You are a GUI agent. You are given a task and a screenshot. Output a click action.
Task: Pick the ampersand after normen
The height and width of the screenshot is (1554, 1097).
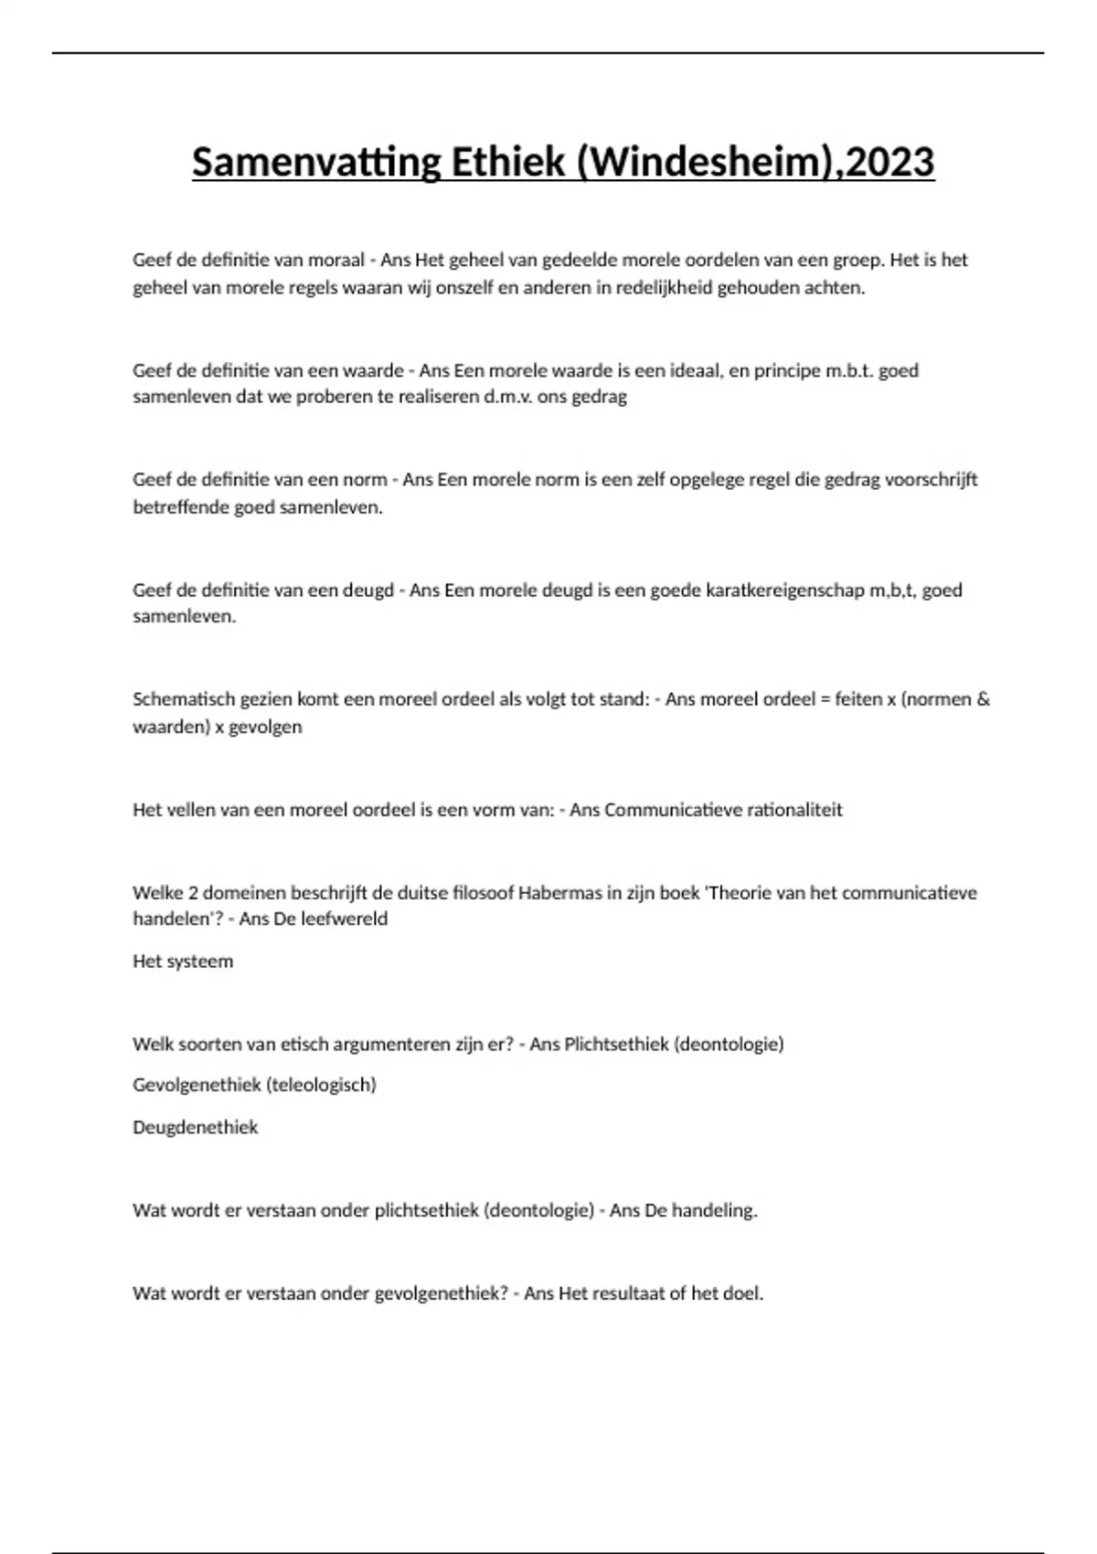(983, 699)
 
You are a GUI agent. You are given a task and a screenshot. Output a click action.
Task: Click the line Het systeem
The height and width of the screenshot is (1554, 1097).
(183, 962)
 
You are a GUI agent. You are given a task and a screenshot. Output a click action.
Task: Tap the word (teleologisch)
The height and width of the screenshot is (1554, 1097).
(321, 1085)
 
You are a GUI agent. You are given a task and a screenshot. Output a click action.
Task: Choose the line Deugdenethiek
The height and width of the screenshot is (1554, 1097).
(196, 1127)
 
